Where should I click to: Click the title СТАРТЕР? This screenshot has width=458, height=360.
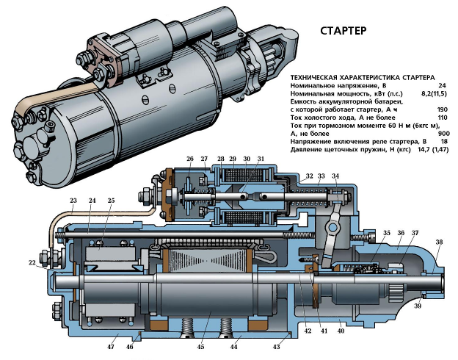click(343, 31)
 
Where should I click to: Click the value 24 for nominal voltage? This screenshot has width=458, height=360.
click(442, 86)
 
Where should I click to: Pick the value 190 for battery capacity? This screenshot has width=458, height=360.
click(443, 109)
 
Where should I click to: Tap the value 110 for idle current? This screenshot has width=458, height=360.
click(443, 118)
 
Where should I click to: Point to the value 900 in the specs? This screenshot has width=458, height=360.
click(443, 134)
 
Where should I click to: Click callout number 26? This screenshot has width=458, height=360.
click(190, 159)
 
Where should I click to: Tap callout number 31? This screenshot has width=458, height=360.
click(261, 159)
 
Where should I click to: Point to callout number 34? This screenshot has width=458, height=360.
click(335, 176)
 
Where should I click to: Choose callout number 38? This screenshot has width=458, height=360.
click(439, 242)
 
